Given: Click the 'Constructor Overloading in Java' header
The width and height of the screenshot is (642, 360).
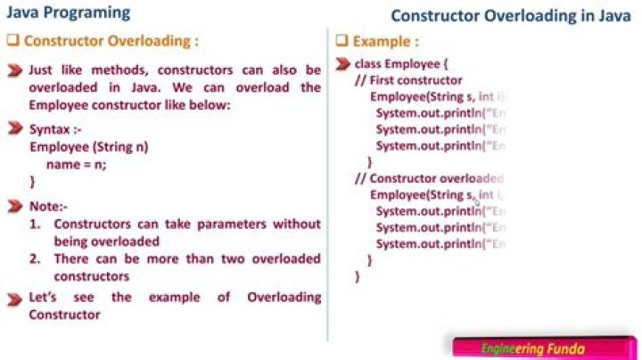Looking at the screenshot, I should (x=511, y=16).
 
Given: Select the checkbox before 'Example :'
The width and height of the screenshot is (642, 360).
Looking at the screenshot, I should (x=342, y=41).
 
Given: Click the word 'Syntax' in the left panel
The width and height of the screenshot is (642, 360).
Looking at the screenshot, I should (x=50, y=129).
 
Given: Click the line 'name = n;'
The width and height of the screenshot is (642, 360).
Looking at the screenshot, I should (x=76, y=163).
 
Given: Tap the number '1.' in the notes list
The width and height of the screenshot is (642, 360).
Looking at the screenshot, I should (x=35, y=225).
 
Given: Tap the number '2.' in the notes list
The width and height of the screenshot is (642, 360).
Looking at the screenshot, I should (x=35, y=259).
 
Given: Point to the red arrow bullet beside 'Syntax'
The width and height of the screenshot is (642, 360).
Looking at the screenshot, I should (x=14, y=129).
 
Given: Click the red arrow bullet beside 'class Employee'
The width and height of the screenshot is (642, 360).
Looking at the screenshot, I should (x=342, y=64).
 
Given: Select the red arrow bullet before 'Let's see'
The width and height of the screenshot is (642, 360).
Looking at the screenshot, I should (x=14, y=297).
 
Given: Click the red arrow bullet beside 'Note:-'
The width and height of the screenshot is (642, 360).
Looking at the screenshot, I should (x=14, y=207).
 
